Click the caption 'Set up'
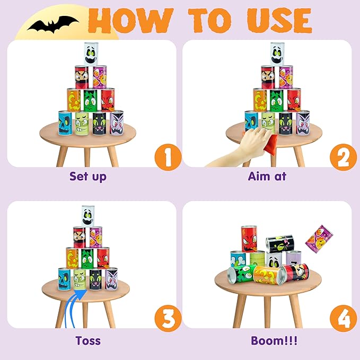88,176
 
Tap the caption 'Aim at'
267,176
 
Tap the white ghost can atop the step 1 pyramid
92,53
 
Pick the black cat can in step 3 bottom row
96,279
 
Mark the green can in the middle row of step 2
276,100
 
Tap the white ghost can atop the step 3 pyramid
88,215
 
